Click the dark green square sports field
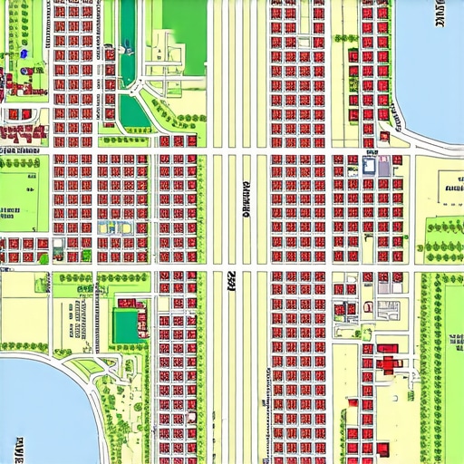click(x=128, y=325)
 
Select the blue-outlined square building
click(x=370, y=165)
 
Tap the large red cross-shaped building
click(x=391, y=364)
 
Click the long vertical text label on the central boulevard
click(x=246, y=200)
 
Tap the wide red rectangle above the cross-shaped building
click(x=388, y=348)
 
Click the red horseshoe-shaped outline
click(x=368, y=305)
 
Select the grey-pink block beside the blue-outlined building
click(x=384, y=166)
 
